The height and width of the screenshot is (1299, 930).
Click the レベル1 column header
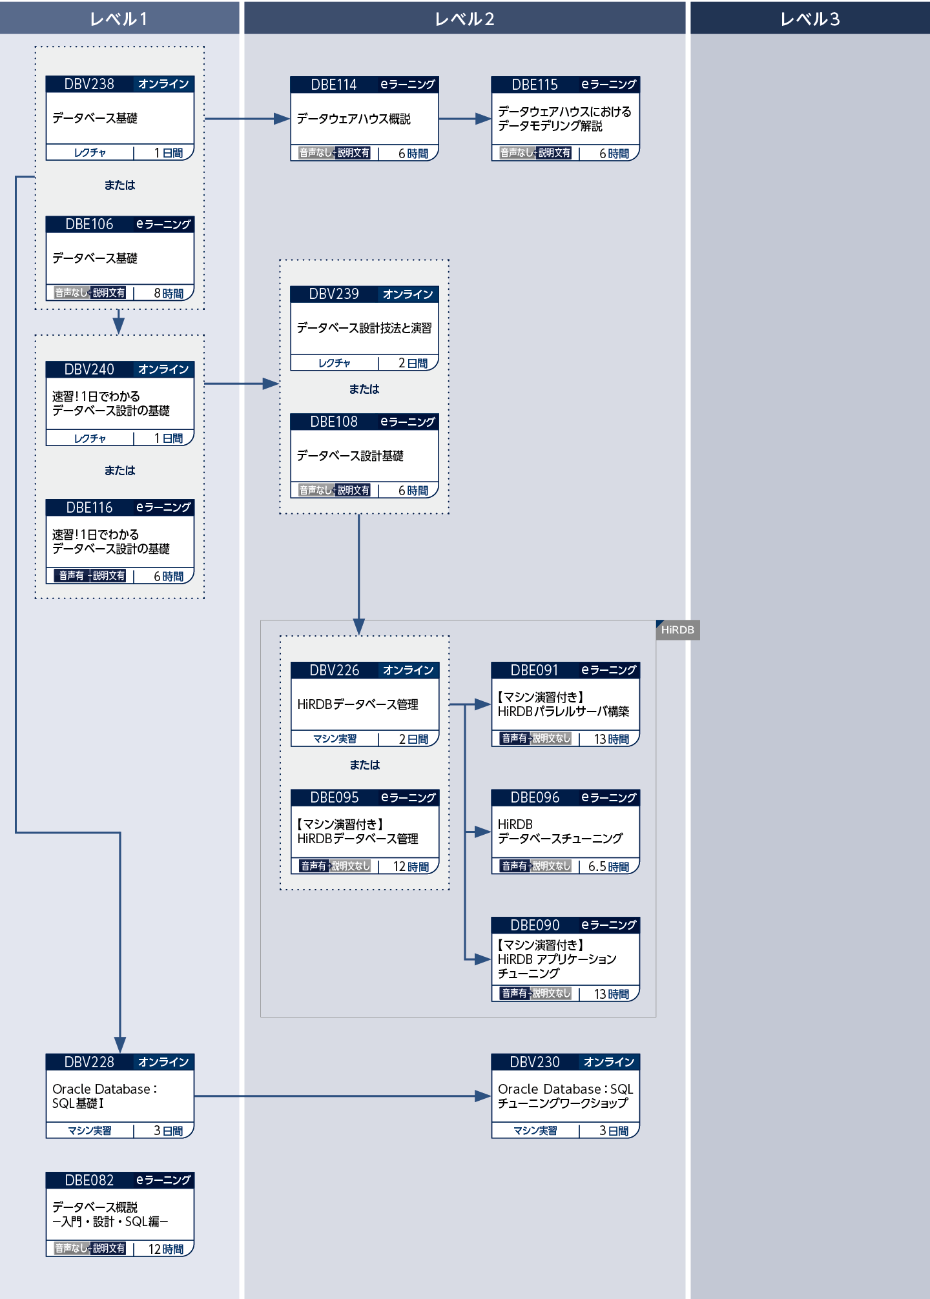coord(119,19)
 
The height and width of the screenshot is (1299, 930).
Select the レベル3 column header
coord(810,19)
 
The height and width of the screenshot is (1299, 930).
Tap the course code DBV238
coord(89,84)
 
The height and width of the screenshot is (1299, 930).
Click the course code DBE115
coord(535,85)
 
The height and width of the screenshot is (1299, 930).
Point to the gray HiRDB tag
coord(677,629)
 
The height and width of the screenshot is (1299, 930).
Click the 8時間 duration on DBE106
coord(168,293)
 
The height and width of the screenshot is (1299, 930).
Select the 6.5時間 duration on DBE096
coord(608,866)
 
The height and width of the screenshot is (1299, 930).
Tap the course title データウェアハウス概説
coord(353,119)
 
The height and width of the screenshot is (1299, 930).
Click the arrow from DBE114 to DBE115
coord(464,119)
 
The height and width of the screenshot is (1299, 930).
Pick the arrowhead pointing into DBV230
coord(483,1096)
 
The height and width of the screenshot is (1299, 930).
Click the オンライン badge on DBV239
coord(408,294)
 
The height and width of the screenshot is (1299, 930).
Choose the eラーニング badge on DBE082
coord(163,1180)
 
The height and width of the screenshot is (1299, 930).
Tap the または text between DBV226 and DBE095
coord(364,765)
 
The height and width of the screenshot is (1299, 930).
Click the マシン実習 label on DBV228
coord(90,1130)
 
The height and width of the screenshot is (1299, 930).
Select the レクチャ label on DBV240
coord(90,438)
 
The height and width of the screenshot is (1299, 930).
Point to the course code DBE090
coord(535,925)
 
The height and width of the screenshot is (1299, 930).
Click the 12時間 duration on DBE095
coord(411,866)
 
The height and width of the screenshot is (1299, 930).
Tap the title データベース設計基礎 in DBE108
coord(350,456)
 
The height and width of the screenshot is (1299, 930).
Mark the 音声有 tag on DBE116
coord(71,575)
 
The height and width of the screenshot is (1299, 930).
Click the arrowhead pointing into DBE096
coord(483,832)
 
